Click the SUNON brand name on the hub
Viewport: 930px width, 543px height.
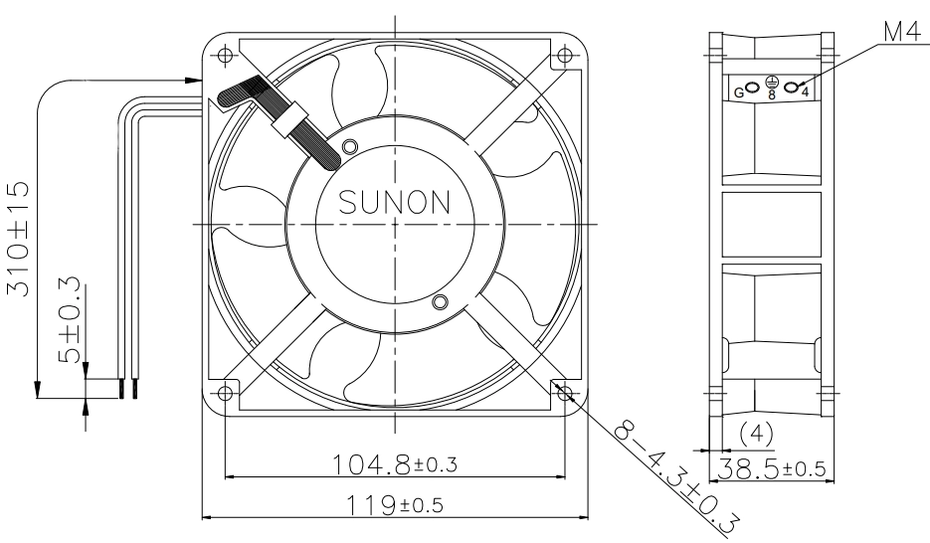tap(395, 203)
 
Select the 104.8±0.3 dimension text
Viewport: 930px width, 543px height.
tap(395, 464)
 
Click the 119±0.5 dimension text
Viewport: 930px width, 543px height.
tap(395, 505)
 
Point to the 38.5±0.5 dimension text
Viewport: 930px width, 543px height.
tap(772, 469)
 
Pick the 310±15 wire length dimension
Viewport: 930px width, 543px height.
tap(18, 239)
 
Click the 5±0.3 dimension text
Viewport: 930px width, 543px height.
tap(70, 319)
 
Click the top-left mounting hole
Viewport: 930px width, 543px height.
tap(225, 55)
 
